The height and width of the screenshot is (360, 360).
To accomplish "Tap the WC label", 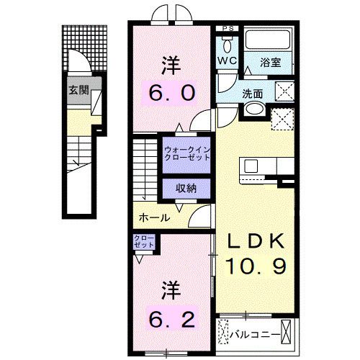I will coord(228,61).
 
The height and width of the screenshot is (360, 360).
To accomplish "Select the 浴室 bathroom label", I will coord(271,63).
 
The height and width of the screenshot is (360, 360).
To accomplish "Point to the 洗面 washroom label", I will coord(252,93).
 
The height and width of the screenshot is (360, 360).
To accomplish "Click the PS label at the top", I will coord(228,29).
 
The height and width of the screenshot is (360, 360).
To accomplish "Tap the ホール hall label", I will coord(154,217).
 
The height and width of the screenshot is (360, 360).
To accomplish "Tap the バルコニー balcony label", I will coord(256,333).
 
